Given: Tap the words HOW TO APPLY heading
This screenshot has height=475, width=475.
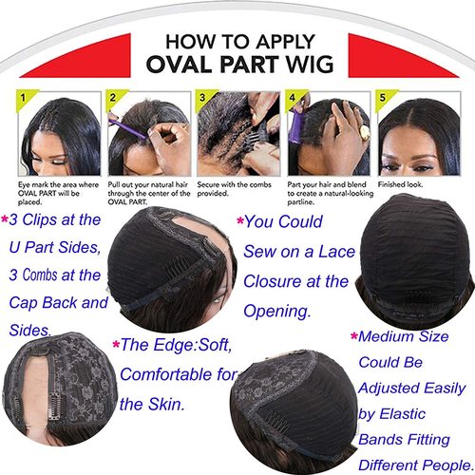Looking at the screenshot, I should (237, 42).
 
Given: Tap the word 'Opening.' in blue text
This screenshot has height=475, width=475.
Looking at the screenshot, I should (278, 312).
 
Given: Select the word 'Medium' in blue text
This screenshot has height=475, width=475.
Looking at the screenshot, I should (395, 334).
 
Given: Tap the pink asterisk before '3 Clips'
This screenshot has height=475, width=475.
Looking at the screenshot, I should (6, 218).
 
